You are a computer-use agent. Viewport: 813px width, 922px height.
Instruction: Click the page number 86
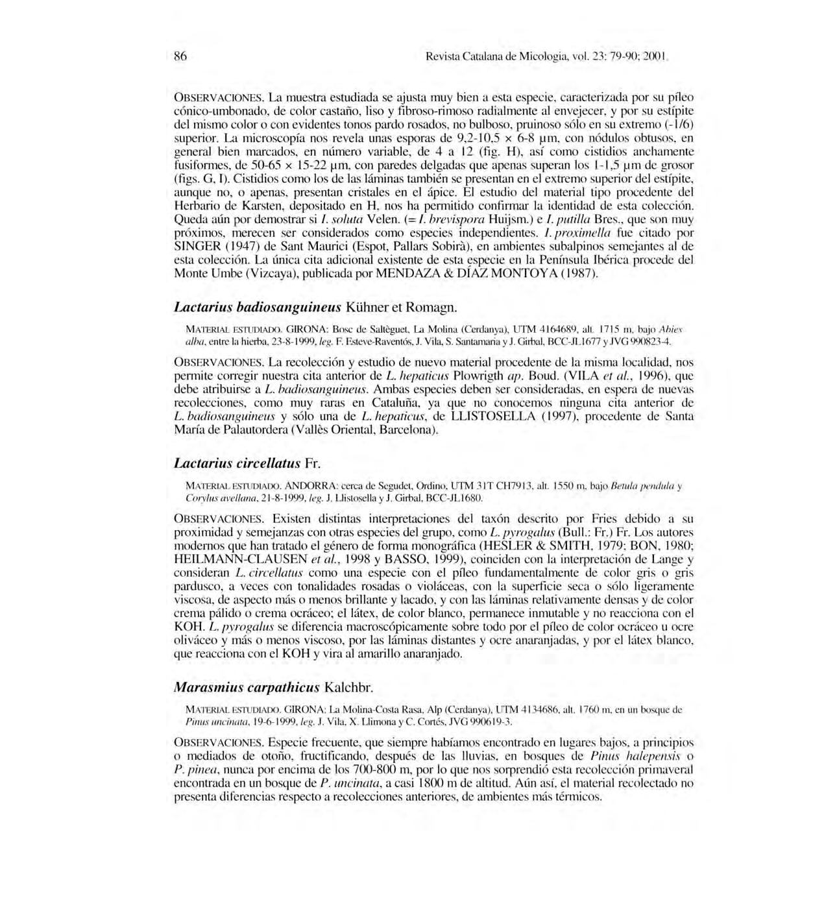coord(180,56)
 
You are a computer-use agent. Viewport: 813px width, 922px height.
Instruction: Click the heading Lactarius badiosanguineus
coord(258,306)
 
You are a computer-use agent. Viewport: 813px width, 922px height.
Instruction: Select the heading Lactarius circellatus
coord(237,463)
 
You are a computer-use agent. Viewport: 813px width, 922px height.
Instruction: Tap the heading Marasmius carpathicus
coord(247,687)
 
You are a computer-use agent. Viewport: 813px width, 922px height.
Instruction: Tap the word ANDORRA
coord(309,486)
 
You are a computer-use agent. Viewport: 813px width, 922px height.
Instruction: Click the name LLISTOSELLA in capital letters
coord(495,417)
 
